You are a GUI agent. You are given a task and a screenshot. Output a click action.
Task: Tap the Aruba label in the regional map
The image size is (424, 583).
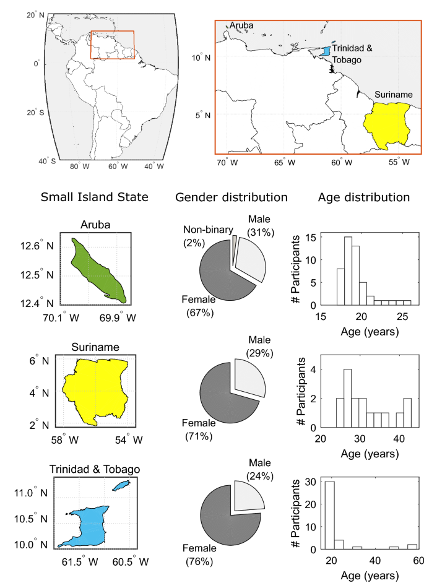tap(242, 25)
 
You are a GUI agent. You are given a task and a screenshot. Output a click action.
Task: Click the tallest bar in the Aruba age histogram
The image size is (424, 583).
tap(348, 270)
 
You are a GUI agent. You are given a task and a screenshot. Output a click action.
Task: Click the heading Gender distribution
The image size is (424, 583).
tap(231, 198)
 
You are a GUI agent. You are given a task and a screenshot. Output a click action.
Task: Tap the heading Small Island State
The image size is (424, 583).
tap(94, 198)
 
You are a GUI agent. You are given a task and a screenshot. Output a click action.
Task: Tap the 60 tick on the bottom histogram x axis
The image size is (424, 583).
tap(418, 560)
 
